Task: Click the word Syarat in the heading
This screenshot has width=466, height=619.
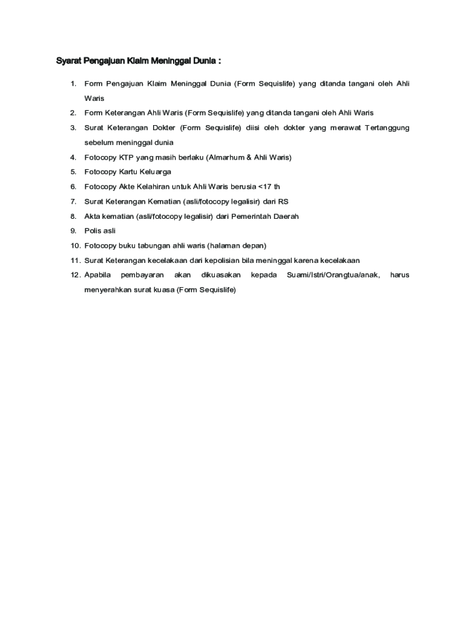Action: pos(68,61)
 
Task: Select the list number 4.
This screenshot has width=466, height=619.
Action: pos(73,157)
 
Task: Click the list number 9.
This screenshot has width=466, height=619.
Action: pos(73,231)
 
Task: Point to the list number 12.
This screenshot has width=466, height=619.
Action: pos(75,275)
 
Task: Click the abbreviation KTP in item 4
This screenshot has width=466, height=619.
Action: pos(126,157)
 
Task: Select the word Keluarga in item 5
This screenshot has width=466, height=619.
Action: pos(156,172)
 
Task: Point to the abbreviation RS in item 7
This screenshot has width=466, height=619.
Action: pos(283,201)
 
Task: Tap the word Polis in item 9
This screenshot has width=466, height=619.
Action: pos(93,231)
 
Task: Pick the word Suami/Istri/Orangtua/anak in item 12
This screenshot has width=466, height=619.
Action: pos(333,275)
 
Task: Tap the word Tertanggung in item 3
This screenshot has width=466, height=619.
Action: pos(387,128)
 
